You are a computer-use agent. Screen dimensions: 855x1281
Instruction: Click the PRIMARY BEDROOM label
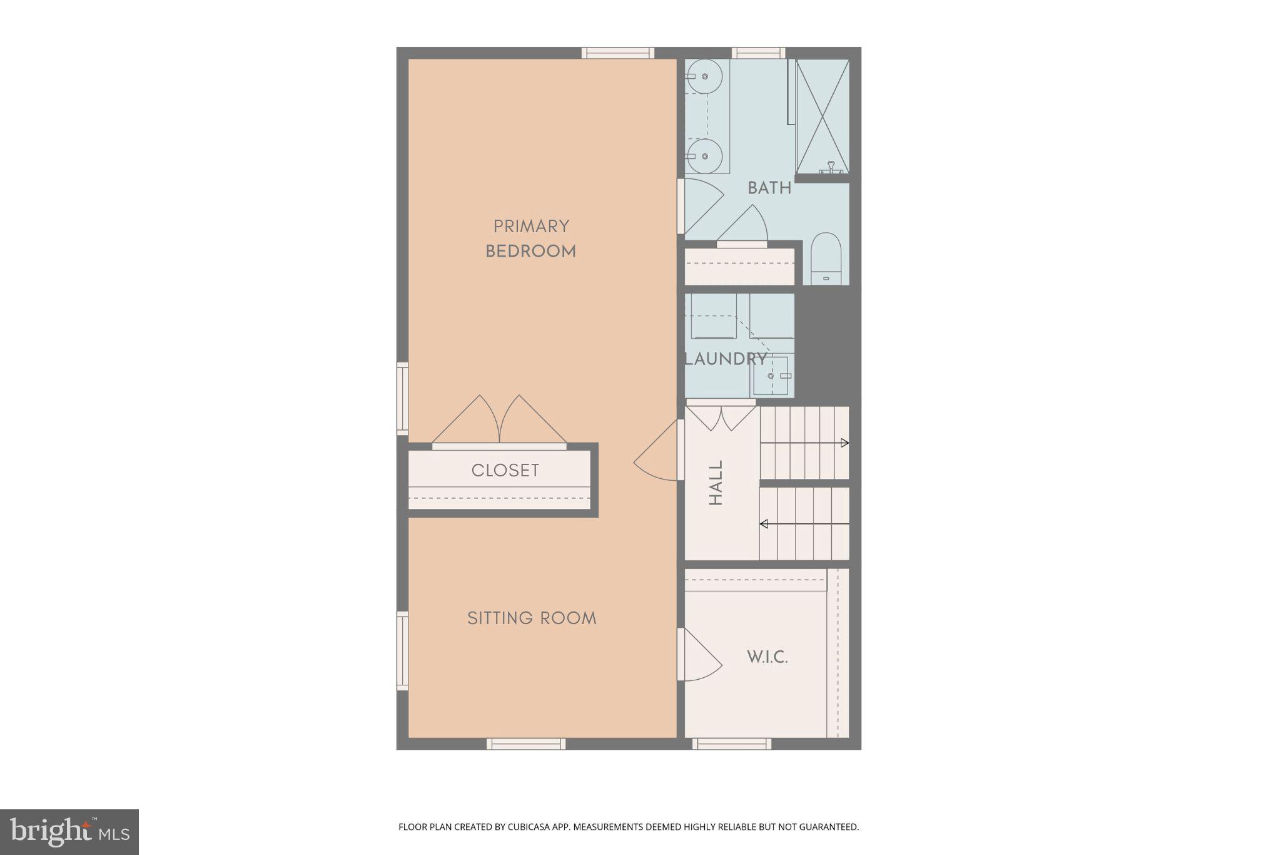click(530, 238)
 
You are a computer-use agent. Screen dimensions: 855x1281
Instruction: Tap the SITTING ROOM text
click(532, 618)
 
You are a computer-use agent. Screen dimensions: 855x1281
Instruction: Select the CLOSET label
click(505, 471)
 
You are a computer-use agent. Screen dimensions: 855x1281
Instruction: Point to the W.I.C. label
click(767, 657)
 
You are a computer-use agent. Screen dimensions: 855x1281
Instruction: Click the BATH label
click(769, 188)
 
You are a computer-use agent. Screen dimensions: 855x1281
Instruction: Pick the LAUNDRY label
click(726, 359)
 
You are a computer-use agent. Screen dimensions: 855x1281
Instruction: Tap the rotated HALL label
click(716, 483)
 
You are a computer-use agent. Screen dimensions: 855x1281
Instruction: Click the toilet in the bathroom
click(826, 258)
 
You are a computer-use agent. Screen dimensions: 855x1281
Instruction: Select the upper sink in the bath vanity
click(704, 76)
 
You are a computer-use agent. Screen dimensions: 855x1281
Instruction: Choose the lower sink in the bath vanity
click(704, 156)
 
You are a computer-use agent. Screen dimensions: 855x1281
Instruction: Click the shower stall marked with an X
click(822, 116)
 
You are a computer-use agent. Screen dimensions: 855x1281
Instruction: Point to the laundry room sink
click(771, 376)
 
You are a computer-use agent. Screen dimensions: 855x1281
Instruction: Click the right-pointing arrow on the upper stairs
click(844, 443)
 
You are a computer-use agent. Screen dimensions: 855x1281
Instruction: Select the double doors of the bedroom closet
click(499, 421)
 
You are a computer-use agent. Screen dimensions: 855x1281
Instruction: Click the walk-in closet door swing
click(701, 655)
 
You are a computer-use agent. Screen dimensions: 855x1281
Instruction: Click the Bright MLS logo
click(69, 832)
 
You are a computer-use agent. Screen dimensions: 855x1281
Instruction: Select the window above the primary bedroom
click(617, 53)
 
